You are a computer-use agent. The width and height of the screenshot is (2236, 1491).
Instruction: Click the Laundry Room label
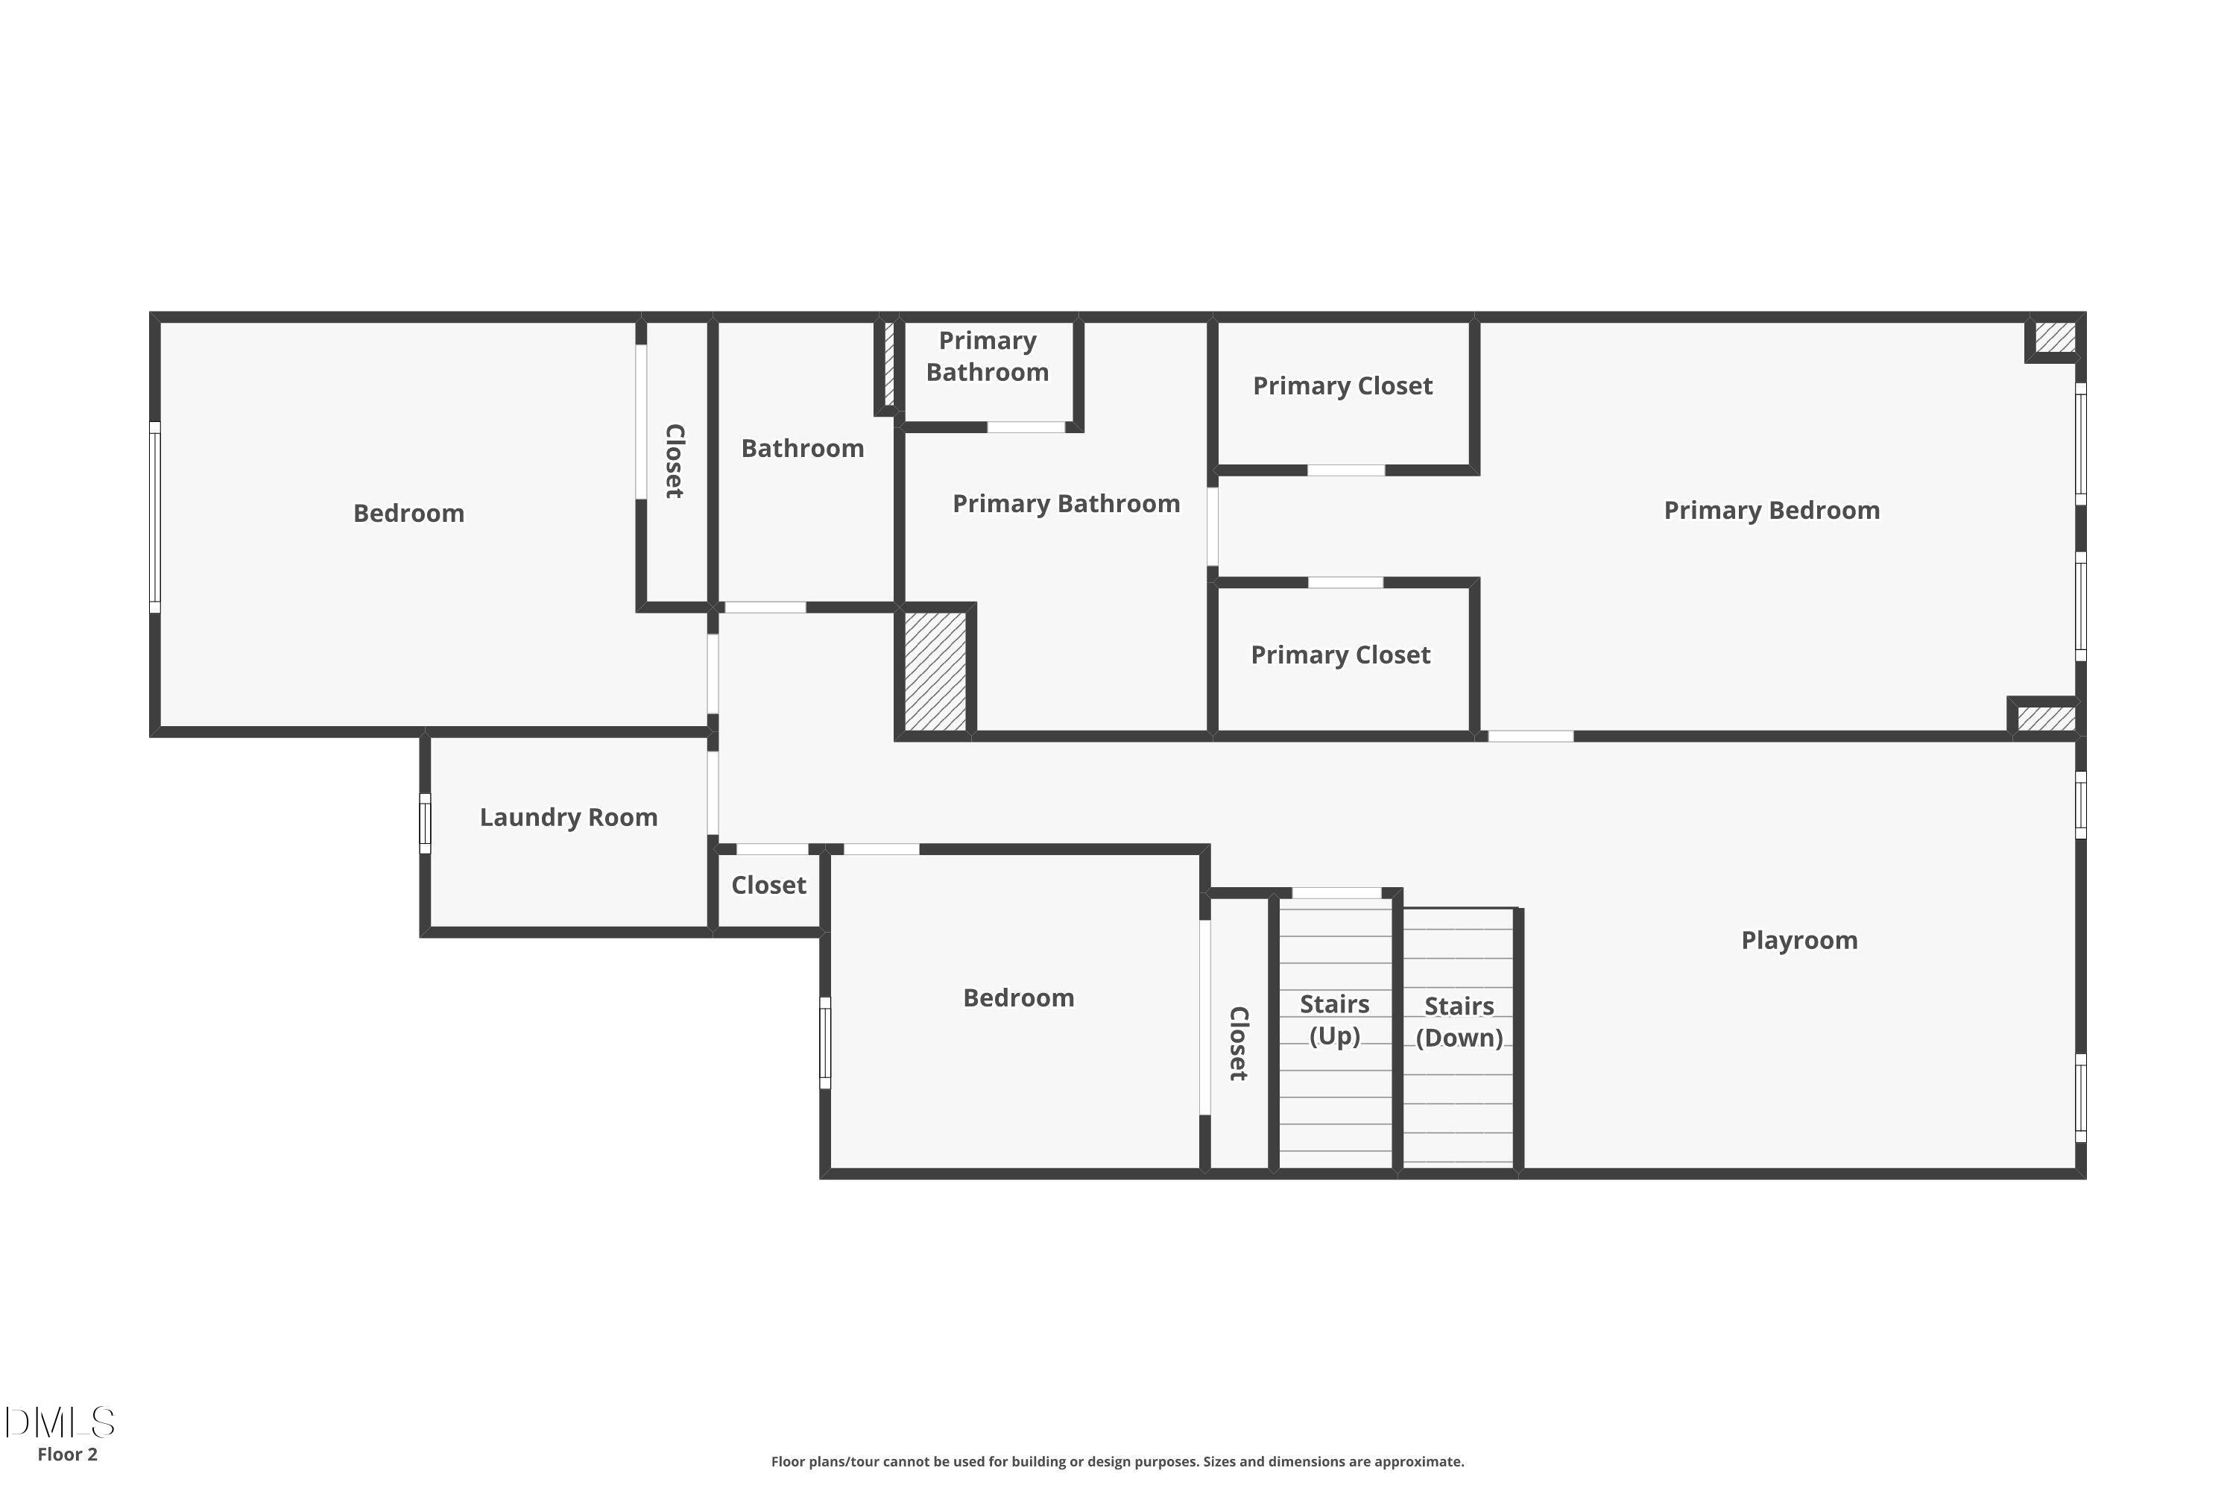[x=569, y=818]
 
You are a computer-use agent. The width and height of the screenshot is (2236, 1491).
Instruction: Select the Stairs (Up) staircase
[x=1335, y=1036]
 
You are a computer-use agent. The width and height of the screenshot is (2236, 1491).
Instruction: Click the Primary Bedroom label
[x=1771, y=511]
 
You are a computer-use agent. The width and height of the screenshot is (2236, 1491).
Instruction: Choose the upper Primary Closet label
[x=1342, y=386]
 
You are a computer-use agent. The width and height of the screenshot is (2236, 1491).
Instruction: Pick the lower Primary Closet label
[x=1340, y=655]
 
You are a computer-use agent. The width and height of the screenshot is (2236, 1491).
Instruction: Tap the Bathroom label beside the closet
[x=803, y=449]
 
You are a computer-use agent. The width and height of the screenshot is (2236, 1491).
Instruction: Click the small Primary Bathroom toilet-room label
[x=988, y=356]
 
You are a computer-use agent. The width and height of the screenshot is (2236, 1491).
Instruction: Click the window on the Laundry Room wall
[x=425, y=824]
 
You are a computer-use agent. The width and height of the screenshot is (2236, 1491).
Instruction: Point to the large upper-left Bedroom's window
[x=155, y=517]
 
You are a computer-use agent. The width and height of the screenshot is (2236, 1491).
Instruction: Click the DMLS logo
[x=59, y=1422]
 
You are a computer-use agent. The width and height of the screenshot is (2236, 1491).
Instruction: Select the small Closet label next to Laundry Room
[x=768, y=886]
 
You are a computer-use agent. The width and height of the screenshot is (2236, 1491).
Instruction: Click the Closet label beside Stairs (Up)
[x=1238, y=1043]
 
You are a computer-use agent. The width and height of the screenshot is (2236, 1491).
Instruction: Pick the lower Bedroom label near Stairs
[x=1018, y=998]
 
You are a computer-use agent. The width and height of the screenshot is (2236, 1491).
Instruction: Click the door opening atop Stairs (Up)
[x=1336, y=893]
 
